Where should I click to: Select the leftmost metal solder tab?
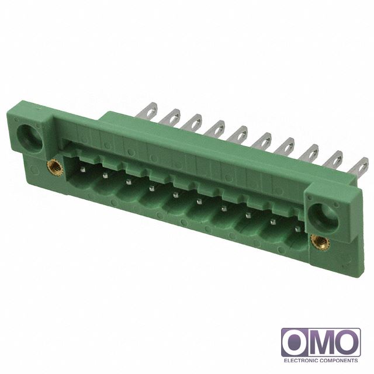[148, 110]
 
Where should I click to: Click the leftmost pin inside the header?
[83, 169]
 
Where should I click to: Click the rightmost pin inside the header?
[297, 229]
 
